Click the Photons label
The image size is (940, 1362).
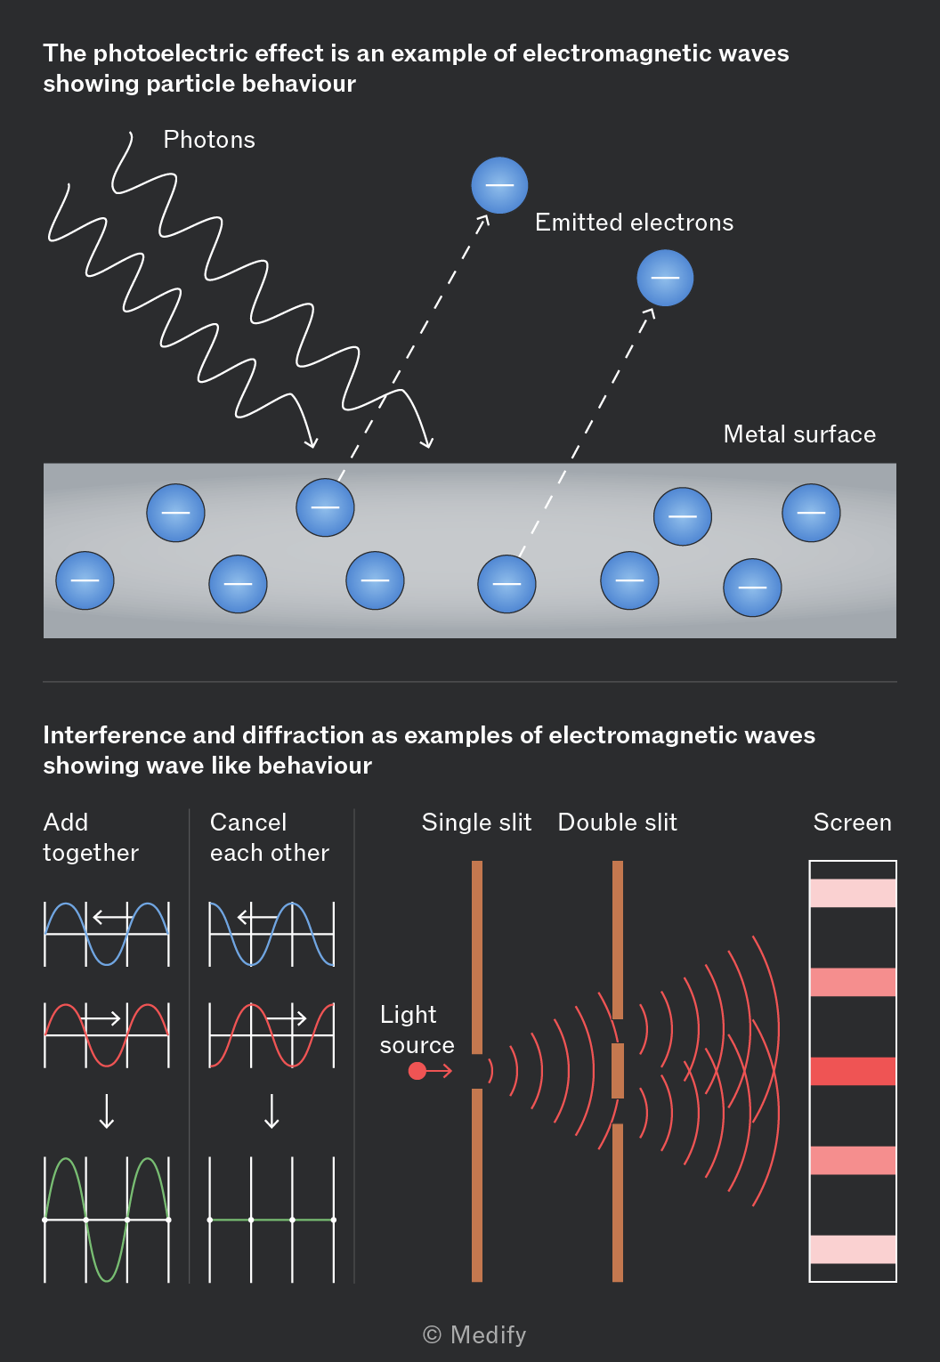pyautogui.click(x=209, y=140)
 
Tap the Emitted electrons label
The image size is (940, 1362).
pyautogui.click(x=634, y=223)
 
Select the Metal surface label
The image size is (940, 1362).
pyautogui.click(x=799, y=434)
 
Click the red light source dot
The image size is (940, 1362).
pyautogui.click(x=417, y=1071)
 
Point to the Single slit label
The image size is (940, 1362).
pyautogui.click(x=477, y=822)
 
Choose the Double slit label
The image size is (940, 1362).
pyautogui.click(x=617, y=822)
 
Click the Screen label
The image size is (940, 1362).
pyautogui.click(x=853, y=822)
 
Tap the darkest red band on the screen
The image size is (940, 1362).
pyautogui.click(x=853, y=1072)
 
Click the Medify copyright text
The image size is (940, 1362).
pyautogui.click(x=474, y=1334)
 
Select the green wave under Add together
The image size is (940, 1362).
pyautogui.click(x=107, y=1220)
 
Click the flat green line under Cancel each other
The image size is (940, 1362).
pyautogui.click(x=271, y=1220)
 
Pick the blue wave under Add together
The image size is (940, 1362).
pyautogui.click(x=107, y=934)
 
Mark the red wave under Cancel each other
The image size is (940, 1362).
pyautogui.click(x=271, y=1035)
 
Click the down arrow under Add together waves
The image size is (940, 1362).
pyautogui.click(x=107, y=1112)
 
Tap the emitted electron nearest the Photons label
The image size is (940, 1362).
pyautogui.click(x=499, y=185)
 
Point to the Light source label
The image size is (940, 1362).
pyautogui.click(x=417, y=1029)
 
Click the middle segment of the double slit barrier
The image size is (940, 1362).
pyautogui.click(x=618, y=1071)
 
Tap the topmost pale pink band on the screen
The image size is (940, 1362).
pyautogui.click(x=853, y=893)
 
